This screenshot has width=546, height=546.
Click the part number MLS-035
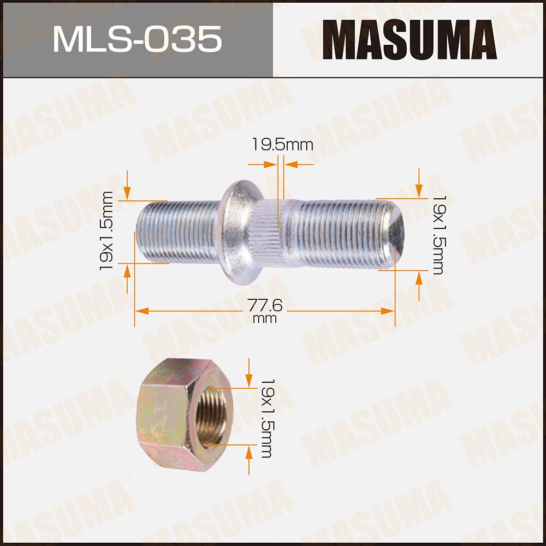pos(136,39)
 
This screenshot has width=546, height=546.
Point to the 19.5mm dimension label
pos(282,145)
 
